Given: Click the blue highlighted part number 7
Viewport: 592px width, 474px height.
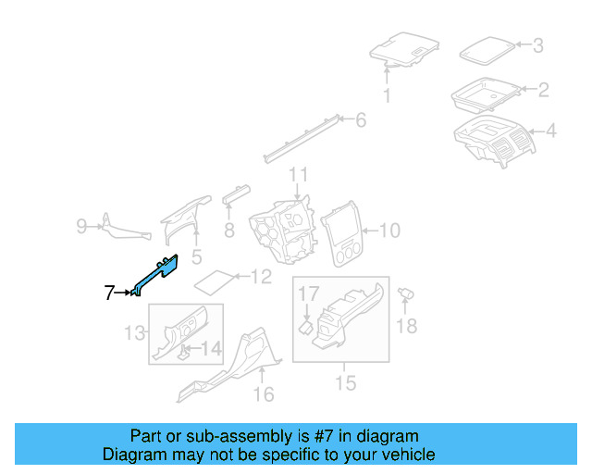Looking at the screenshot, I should (x=155, y=275).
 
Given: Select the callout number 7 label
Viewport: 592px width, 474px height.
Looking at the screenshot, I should (x=110, y=293).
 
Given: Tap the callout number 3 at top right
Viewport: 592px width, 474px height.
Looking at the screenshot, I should (x=538, y=45).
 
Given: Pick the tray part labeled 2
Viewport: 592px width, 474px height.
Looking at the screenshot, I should (x=485, y=94).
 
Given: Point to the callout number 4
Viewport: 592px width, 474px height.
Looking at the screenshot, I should (x=550, y=131).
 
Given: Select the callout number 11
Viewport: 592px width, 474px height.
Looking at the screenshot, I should (x=298, y=175).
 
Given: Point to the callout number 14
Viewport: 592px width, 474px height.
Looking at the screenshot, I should (x=212, y=349).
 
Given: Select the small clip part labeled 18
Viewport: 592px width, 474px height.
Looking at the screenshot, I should (x=404, y=293).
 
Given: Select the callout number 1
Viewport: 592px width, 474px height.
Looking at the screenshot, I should (x=387, y=95).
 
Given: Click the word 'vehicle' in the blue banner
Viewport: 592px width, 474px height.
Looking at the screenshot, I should (x=400, y=455).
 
